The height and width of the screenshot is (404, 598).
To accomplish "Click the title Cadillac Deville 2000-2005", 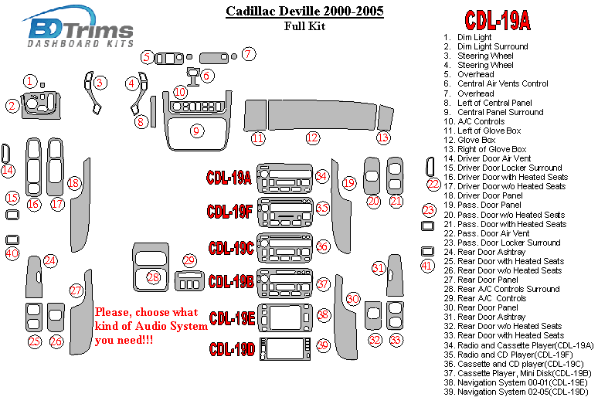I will (304, 12).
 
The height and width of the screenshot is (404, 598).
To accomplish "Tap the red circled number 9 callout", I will (197, 131).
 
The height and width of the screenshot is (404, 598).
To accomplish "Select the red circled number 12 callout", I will (312, 138).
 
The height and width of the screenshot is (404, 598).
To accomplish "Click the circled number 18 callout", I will (73, 183).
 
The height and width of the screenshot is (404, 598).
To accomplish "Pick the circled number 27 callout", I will (76, 290).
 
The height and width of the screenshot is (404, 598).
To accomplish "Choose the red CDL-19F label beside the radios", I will (229, 211).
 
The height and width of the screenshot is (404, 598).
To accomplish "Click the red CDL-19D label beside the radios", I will (232, 349).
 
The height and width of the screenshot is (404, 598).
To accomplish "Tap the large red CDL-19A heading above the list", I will (497, 20).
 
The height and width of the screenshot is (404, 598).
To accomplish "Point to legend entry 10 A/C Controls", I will (480, 121).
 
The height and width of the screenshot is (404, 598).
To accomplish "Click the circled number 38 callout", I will (323, 315).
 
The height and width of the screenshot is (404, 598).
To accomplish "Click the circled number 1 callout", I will (29, 80).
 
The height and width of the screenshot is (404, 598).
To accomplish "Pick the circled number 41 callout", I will (427, 267).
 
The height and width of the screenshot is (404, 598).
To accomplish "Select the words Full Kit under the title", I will (304, 26).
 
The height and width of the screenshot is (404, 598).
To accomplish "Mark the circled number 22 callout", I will (434, 184).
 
